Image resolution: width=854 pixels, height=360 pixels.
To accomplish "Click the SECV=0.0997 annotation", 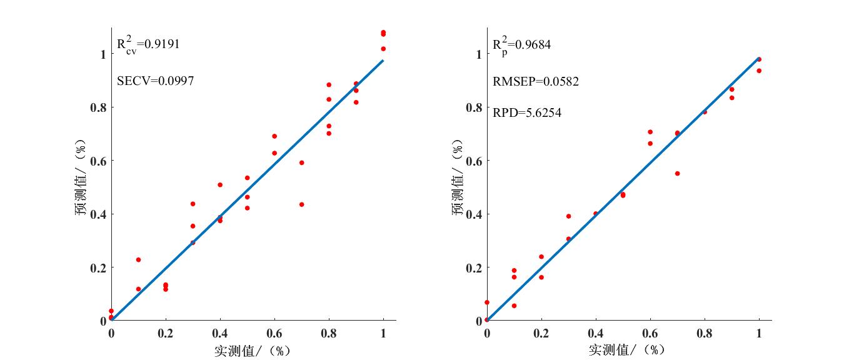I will pyautogui.click(x=155, y=81).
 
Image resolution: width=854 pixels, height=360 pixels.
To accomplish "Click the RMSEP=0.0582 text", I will pyautogui.click(x=536, y=82).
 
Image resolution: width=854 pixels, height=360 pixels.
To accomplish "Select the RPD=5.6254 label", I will pyautogui.click(x=527, y=113).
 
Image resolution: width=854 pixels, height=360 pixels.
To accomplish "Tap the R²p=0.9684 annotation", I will pyautogui.click(x=521, y=44).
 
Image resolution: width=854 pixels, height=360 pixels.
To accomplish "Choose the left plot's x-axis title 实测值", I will pyautogui.click(x=251, y=351).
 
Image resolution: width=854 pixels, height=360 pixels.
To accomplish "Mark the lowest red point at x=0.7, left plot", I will pyautogui.click(x=301, y=204).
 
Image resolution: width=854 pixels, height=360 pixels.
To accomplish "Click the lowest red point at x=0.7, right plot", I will pyautogui.click(x=677, y=173).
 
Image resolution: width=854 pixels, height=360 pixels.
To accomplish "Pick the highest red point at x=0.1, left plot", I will pyautogui.click(x=138, y=259).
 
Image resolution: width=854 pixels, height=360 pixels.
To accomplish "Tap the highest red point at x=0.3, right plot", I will pyautogui.click(x=568, y=216).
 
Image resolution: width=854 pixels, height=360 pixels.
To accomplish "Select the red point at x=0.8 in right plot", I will pyautogui.click(x=705, y=112).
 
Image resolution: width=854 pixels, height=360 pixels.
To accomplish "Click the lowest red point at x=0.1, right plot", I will pyautogui.click(x=514, y=306).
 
